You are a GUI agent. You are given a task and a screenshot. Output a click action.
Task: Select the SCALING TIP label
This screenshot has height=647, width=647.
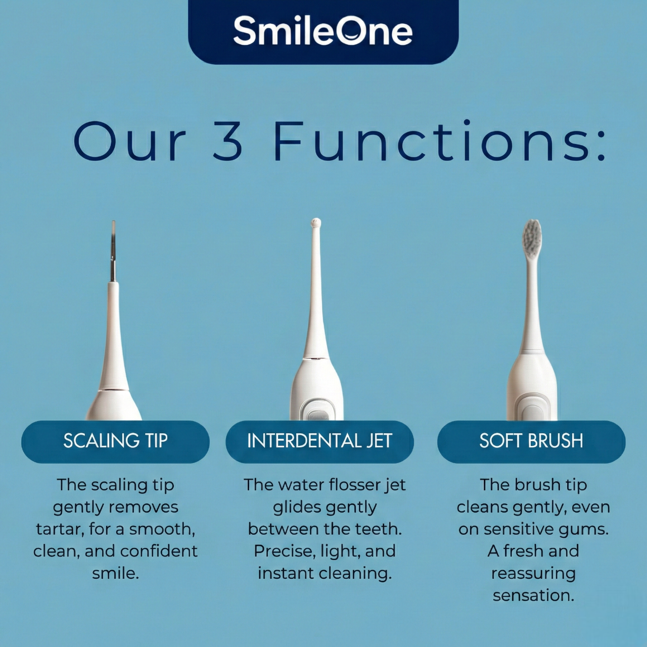coord(115,441)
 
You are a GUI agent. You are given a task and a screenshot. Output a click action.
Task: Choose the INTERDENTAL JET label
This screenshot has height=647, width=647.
coord(319,441)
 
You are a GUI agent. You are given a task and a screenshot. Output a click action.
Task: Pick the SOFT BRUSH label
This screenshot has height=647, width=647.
coord(531,441)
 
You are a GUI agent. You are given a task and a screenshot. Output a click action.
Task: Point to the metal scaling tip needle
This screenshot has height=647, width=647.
coord(113,252)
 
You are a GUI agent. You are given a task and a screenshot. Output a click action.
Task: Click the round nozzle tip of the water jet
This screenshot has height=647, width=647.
coord(315,223)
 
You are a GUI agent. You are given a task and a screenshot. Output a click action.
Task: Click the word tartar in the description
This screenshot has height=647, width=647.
coord(58,530)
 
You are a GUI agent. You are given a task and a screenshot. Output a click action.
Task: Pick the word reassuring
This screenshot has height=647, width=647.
coord(533,574)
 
